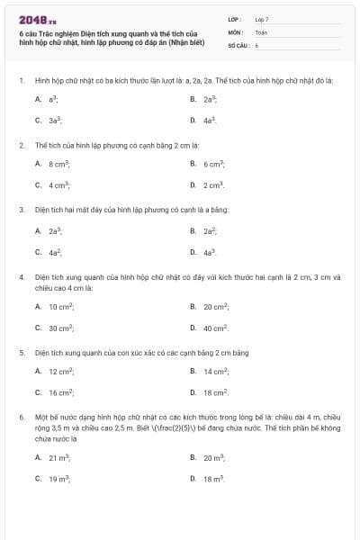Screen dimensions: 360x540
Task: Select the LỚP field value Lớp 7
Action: tap(262, 19)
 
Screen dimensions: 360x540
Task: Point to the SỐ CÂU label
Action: tap(237, 44)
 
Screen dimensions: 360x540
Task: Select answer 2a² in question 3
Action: tap(210, 230)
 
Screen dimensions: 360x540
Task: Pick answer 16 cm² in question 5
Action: tap(61, 392)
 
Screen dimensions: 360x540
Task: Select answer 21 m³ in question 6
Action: tap(59, 457)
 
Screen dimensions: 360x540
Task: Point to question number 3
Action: tap(21, 210)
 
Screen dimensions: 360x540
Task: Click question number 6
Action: tap(21, 418)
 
